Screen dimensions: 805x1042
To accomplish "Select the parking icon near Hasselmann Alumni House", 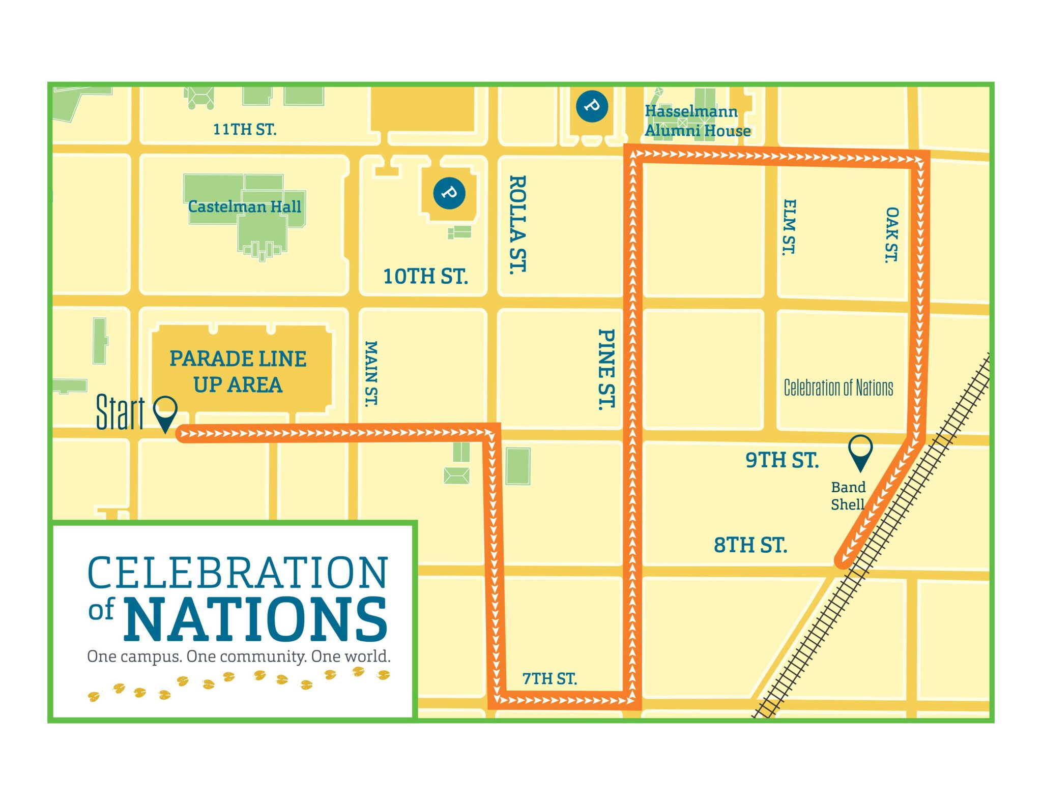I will click(x=592, y=106).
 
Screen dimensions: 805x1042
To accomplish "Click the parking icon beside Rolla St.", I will click(x=449, y=193).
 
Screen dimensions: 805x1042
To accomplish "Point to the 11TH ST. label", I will click(x=245, y=130).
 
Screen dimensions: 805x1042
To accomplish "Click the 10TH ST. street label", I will click(x=425, y=277).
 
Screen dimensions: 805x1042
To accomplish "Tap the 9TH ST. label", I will click(x=782, y=460).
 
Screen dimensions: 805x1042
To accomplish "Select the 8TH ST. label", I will click(x=750, y=545).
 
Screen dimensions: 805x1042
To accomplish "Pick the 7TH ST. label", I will click(x=549, y=678).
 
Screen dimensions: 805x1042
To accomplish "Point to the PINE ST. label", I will click(x=606, y=369).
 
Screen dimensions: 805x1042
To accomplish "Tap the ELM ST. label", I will click(x=789, y=227).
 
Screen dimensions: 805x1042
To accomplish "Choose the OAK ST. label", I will click(x=891, y=234).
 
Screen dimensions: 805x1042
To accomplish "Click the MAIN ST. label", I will click(x=371, y=373).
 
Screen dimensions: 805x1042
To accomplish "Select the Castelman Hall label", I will click(x=245, y=207).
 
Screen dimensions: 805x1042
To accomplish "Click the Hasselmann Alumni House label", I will click(x=698, y=121).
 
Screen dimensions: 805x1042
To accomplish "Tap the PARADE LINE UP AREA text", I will click(x=238, y=372).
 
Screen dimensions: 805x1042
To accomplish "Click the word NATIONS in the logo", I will click(x=256, y=619).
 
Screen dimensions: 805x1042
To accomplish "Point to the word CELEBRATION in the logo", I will click(x=238, y=573).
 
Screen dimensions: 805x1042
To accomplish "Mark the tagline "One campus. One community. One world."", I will click(x=239, y=657).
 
